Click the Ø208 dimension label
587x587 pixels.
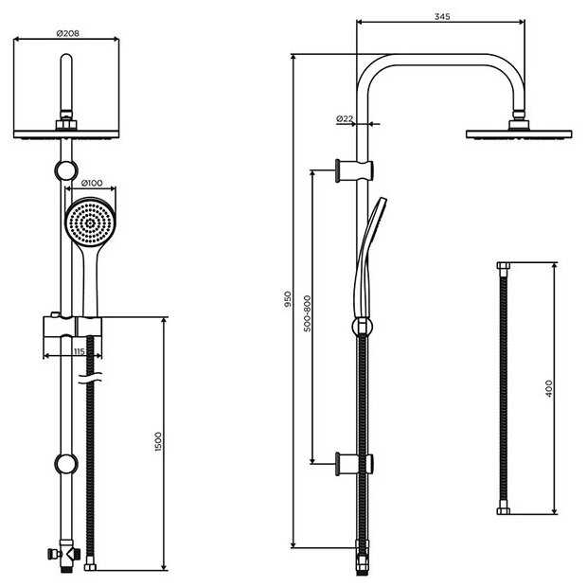[68, 33]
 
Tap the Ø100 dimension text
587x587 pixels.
[92, 183]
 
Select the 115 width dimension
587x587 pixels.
[79, 351]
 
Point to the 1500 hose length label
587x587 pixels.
[158, 442]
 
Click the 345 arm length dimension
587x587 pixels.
[442, 16]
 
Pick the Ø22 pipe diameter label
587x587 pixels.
[345, 118]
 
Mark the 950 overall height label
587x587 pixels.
[288, 299]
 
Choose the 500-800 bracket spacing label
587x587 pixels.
[308, 313]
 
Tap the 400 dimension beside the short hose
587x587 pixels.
[549, 388]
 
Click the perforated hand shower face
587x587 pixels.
[90, 223]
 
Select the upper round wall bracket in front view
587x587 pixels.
[66, 170]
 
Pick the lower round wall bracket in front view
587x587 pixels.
[66, 464]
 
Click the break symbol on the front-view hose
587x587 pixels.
[90, 378]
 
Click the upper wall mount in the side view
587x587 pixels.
[354, 170]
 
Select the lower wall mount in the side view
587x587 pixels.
[354, 464]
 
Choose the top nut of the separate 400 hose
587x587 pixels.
[504, 266]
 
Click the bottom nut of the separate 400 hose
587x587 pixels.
[504, 511]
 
